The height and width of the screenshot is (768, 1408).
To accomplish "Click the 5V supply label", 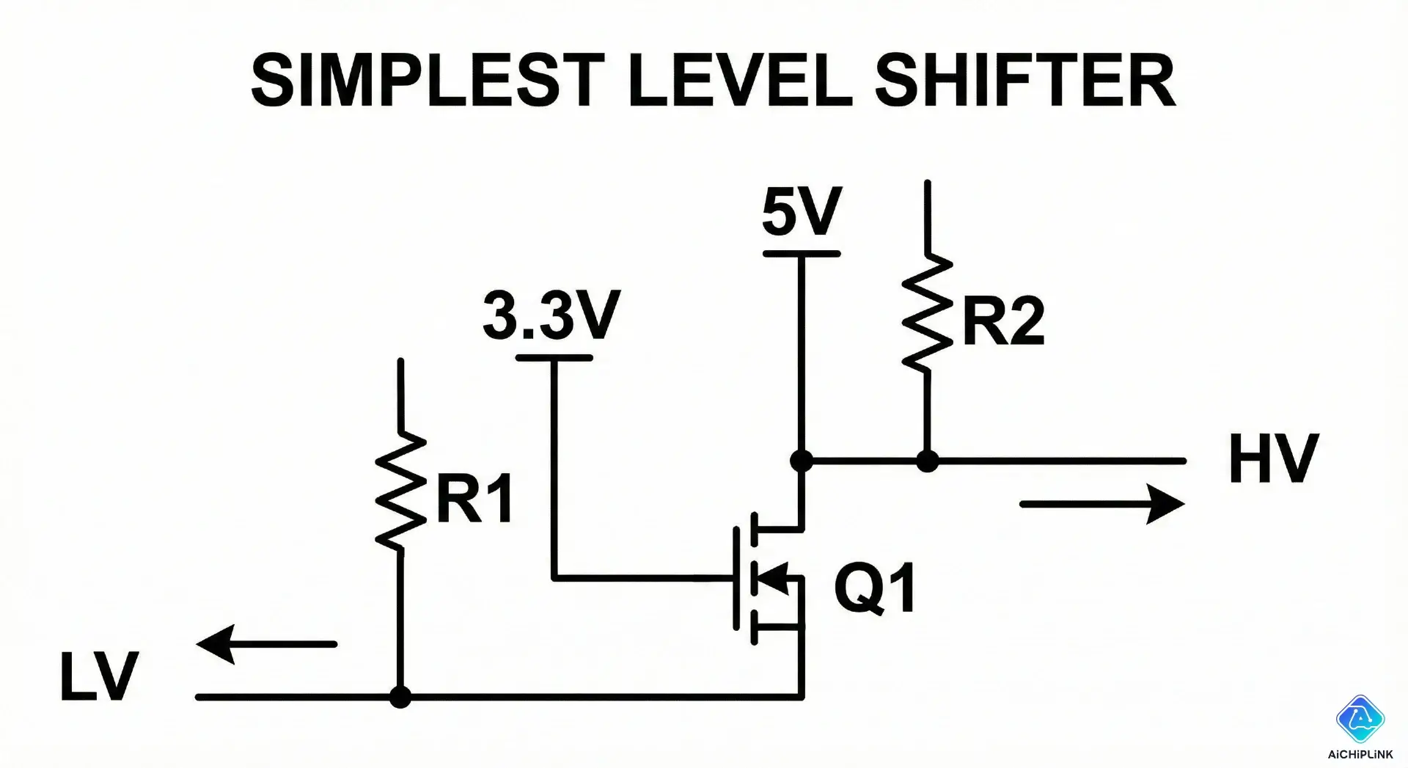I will click(801, 211).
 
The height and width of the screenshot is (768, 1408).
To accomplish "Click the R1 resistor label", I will click(474, 499).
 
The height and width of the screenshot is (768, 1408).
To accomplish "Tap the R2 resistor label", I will click(1002, 323).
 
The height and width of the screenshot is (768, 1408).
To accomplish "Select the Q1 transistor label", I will click(876, 588).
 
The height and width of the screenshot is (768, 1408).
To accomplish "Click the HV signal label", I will click(1273, 459).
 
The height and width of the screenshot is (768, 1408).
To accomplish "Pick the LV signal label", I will click(99, 676).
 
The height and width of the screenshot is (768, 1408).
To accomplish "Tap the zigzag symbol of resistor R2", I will click(928, 312).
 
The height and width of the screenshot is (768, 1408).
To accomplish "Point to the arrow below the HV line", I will click(1101, 504).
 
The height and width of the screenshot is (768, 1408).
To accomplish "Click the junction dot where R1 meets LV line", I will click(400, 697).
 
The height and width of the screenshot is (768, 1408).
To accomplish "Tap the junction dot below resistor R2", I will click(928, 461).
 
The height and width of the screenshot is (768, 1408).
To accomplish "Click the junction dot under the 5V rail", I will click(802, 461).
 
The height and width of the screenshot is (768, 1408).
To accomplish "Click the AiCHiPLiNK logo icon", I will click(1360, 720).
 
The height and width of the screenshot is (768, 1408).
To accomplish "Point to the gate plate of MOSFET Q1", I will click(736, 578).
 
